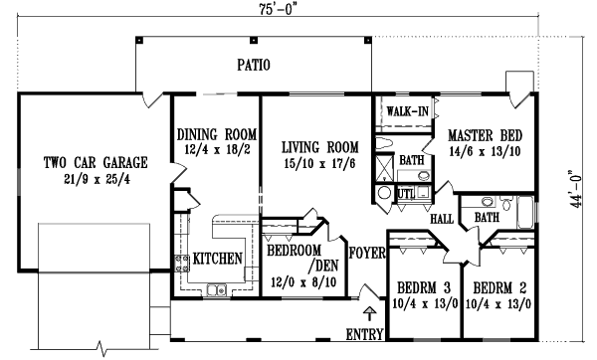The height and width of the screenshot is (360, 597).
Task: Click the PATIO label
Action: click(x=254, y=67)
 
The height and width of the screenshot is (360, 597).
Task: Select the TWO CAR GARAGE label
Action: click(x=96, y=161)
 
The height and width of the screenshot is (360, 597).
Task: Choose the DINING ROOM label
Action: click(x=217, y=134)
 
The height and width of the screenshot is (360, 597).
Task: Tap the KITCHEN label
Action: click(x=219, y=259)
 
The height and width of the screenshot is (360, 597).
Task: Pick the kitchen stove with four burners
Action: click(x=184, y=264)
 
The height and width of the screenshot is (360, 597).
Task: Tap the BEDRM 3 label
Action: click(x=421, y=281)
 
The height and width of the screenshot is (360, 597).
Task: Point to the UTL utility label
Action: click(x=407, y=192)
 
